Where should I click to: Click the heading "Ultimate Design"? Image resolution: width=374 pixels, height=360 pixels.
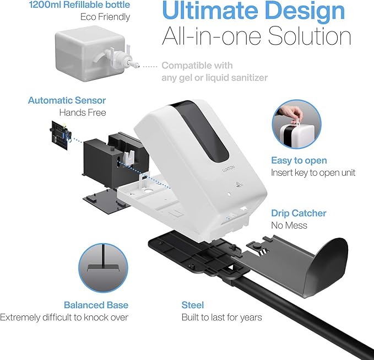pyautogui.click(x=253, y=10)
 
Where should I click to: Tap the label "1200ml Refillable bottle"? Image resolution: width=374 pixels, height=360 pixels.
pyautogui.click(x=79, y=4)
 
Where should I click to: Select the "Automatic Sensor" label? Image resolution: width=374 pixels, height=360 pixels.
pyautogui.click(x=67, y=100)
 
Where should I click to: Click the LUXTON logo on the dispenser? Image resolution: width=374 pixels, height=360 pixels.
pyautogui.click(x=228, y=169)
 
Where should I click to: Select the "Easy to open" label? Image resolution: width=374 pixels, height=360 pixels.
pyautogui.click(x=299, y=160)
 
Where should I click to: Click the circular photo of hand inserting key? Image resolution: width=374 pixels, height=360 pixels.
pyautogui.click(x=296, y=124)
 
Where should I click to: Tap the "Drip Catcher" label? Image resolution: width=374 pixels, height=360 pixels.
pyautogui.click(x=299, y=213)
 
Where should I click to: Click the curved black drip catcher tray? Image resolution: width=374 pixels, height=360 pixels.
pyautogui.click(x=298, y=265)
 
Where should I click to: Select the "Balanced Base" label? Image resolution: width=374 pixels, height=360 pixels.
pyautogui.click(x=96, y=305)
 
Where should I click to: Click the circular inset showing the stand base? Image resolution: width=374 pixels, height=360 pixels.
pyautogui.click(x=103, y=268)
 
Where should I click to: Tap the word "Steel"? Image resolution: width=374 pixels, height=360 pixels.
pyautogui.click(x=193, y=305)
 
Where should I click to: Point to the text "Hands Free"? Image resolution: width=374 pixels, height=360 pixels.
pyautogui.click(x=83, y=112)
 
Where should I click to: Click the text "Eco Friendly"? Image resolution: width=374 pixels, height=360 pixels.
pyautogui.click(x=105, y=17)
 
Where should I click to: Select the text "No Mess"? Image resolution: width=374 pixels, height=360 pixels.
pyautogui.click(x=289, y=225)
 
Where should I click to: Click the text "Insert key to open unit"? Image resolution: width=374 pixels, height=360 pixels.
pyautogui.click(x=313, y=173)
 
